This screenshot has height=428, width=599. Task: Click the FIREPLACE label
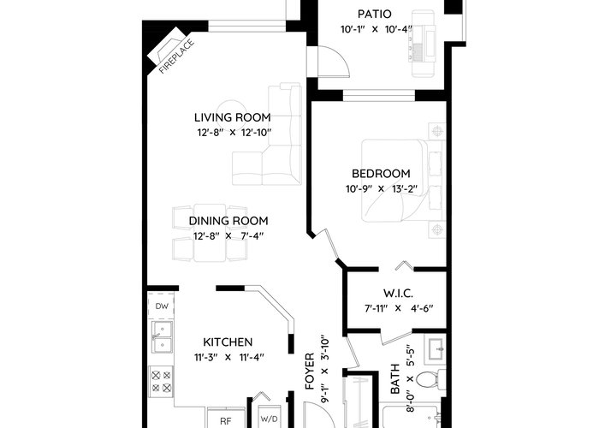pyautogui.click(x=176, y=56)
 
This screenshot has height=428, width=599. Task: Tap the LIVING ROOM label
pyautogui.click(x=232, y=117)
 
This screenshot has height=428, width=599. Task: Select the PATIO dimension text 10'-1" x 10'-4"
pyautogui.click(x=377, y=29)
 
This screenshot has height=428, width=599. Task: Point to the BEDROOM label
pyautogui.click(x=381, y=174)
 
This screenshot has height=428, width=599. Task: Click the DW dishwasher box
pyautogui.click(x=161, y=306)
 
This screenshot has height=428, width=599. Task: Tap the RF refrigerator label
pyautogui.click(x=226, y=421)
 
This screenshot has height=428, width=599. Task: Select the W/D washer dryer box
pyautogui.click(x=270, y=417)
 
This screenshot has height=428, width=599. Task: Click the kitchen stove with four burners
pyautogui.click(x=161, y=382)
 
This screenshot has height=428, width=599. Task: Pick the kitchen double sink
pyautogui.click(x=163, y=337)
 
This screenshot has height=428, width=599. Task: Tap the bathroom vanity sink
pyautogui.click(x=435, y=349)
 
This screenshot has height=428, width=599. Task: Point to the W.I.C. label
pyautogui.click(x=398, y=294)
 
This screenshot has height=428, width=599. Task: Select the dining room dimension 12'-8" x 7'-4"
pyautogui.click(x=228, y=236)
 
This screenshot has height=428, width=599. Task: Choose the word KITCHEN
pyautogui.click(x=228, y=342)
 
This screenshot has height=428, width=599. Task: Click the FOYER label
pyautogui.click(x=310, y=371)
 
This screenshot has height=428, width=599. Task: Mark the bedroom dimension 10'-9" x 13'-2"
pyautogui.click(x=382, y=189)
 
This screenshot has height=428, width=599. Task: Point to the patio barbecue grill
pyautogui.click(x=422, y=44)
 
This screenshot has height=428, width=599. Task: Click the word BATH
pyautogui.click(x=394, y=378)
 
